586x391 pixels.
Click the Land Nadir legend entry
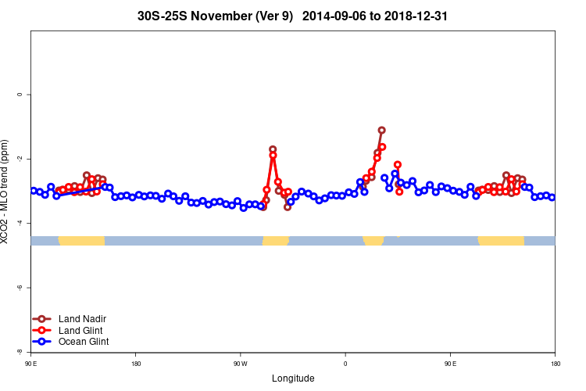click(x=81, y=319)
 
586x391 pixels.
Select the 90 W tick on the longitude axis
click(x=240, y=364)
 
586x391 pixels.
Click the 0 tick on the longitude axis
click(x=345, y=364)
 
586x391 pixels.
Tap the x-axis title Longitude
click(x=293, y=378)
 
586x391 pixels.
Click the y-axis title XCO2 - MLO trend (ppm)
click(x=6, y=192)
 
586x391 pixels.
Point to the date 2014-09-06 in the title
click(x=331, y=16)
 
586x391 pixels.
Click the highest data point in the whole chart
click(x=381, y=131)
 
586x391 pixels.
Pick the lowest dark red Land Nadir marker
click(x=288, y=207)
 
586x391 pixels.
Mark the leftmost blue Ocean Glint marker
click(x=34, y=191)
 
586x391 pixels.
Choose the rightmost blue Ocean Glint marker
click(x=552, y=197)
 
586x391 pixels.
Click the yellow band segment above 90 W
click(x=275, y=240)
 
